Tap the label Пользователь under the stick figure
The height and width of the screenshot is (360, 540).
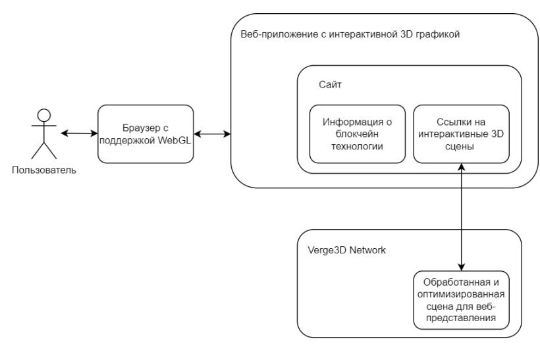44,170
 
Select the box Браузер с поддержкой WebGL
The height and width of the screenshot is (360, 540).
146,134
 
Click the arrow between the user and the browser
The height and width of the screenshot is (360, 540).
79,134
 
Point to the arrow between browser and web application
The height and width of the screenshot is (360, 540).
212,134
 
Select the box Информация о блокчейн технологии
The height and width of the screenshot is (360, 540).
357,134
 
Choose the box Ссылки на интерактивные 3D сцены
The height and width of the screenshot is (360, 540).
461,134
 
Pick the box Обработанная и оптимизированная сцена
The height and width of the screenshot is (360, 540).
461,299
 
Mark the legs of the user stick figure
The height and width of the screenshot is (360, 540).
44,150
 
